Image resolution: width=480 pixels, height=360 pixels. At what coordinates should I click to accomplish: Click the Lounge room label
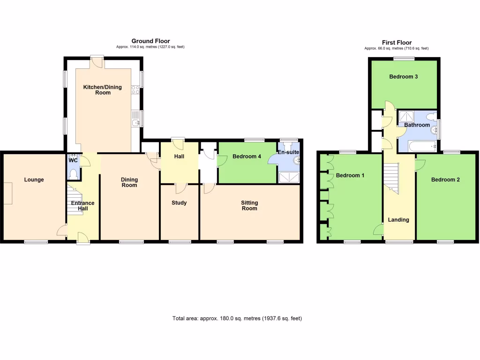pos(34,180)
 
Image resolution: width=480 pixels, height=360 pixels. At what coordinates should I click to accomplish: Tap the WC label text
pos(73,160)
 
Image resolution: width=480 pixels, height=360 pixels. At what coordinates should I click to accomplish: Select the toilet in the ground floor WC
pos(73,174)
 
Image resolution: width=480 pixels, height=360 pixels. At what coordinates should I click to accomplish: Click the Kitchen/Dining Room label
pos(103,90)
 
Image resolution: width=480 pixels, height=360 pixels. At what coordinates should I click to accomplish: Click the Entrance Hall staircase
pos(75,197)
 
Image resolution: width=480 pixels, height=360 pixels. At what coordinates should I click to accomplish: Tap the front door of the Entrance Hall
pos(83,239)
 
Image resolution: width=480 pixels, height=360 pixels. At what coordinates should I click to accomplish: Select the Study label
pos(179,203)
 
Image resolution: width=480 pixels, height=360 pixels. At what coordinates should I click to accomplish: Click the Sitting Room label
pos(249,206)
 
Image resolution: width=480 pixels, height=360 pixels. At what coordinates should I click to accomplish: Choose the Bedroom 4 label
pos(247,157)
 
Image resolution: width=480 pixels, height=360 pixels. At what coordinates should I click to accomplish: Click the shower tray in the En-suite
pos(289,177)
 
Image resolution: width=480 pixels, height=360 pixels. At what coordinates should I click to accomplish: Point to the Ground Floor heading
pos(150,41)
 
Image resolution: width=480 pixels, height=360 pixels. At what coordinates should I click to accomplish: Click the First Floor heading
pos(397,43)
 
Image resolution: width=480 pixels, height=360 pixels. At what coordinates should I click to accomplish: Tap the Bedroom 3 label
pos(404,77)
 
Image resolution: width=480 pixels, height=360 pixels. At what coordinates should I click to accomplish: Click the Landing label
pos(398,220)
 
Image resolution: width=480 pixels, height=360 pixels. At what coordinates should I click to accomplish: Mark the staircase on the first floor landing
pos(391,178)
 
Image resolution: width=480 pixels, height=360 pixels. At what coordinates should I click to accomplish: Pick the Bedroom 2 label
pos(445,180)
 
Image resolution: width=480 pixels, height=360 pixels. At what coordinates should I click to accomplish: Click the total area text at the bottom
pos(237,319)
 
